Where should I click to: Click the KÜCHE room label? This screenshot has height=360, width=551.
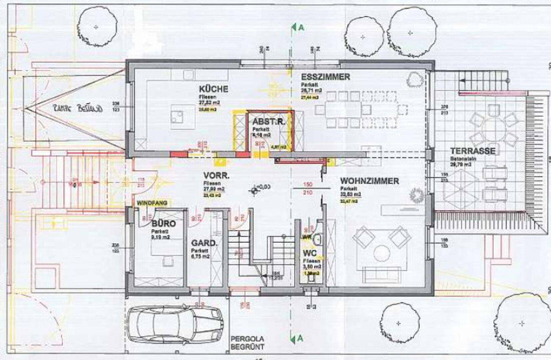[x=213, y=89]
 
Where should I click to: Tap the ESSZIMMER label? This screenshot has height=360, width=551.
[x=325, y=77]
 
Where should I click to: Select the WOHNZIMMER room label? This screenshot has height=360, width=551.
[x=369, y=181]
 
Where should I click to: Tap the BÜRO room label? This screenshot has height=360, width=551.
[x=163, y=223]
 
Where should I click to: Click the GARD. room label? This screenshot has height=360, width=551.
[x=204, y=244]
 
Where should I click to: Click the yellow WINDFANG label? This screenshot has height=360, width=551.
[x=152, y=203]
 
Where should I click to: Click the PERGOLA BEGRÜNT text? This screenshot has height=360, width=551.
[x=247, y=343]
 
